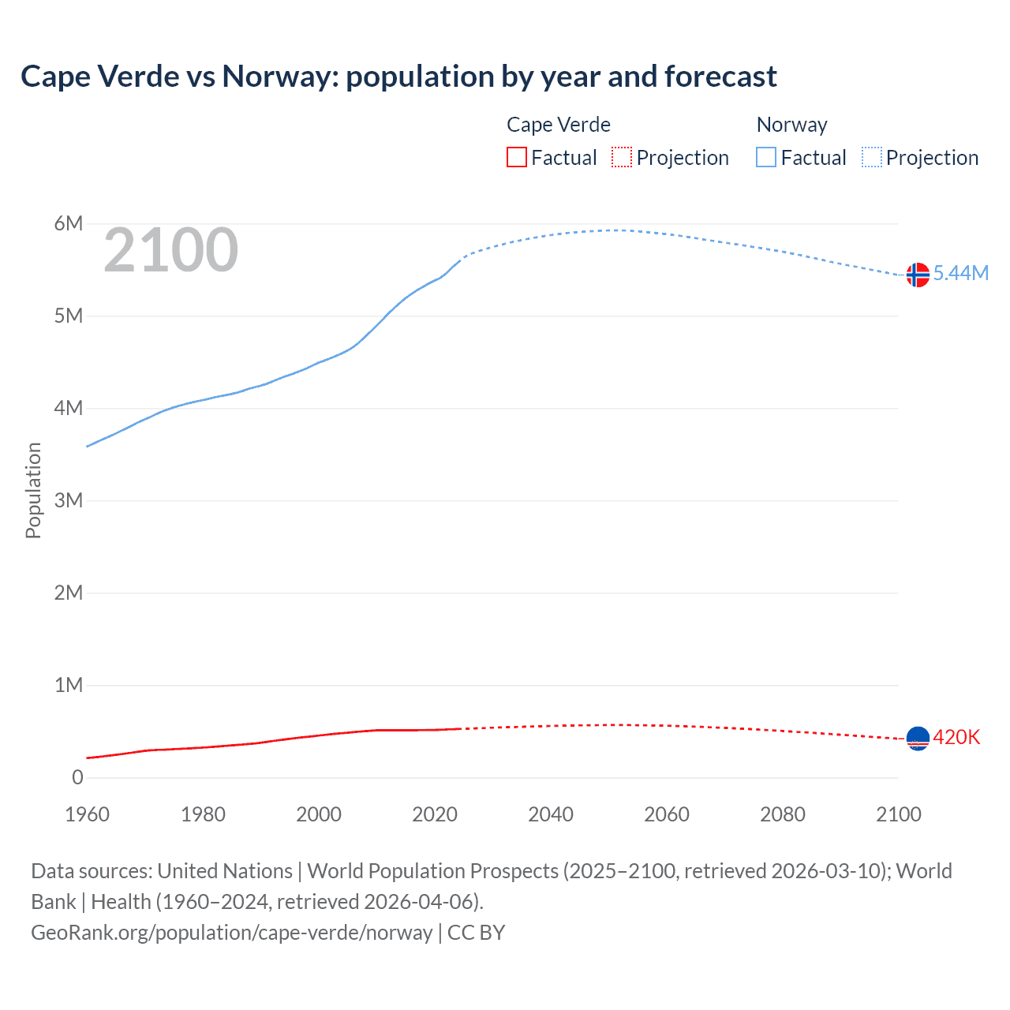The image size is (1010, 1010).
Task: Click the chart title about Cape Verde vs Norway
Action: [398, 77]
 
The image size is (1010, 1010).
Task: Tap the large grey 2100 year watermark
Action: [170, 250]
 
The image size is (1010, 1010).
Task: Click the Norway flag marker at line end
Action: [918, 275]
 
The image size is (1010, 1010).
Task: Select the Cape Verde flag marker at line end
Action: [918, 739]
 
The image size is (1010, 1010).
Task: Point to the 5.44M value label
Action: [960, 273]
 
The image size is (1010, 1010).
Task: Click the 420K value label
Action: [956, 737]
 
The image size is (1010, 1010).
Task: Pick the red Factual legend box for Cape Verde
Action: [517, 158]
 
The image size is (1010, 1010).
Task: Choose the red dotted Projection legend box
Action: [622, 158]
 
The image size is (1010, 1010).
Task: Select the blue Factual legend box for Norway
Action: [766, 158]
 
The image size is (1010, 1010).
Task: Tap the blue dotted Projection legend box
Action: [871, 158]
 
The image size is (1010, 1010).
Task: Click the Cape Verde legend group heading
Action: [559, 125]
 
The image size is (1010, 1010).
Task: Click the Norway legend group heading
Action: [791, 125]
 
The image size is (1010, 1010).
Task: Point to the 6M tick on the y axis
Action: [69, 223]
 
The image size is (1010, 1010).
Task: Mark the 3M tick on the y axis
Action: [69, 500]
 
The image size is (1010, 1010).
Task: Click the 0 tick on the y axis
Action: [77, 777]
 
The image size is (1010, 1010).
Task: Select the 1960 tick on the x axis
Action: [87, 814]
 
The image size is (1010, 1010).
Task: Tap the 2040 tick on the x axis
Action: [551, 814]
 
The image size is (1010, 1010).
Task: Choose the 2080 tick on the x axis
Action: [783, 814]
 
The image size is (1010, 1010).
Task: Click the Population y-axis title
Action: [33, 490]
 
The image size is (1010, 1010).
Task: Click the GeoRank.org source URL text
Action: [231, 933]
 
